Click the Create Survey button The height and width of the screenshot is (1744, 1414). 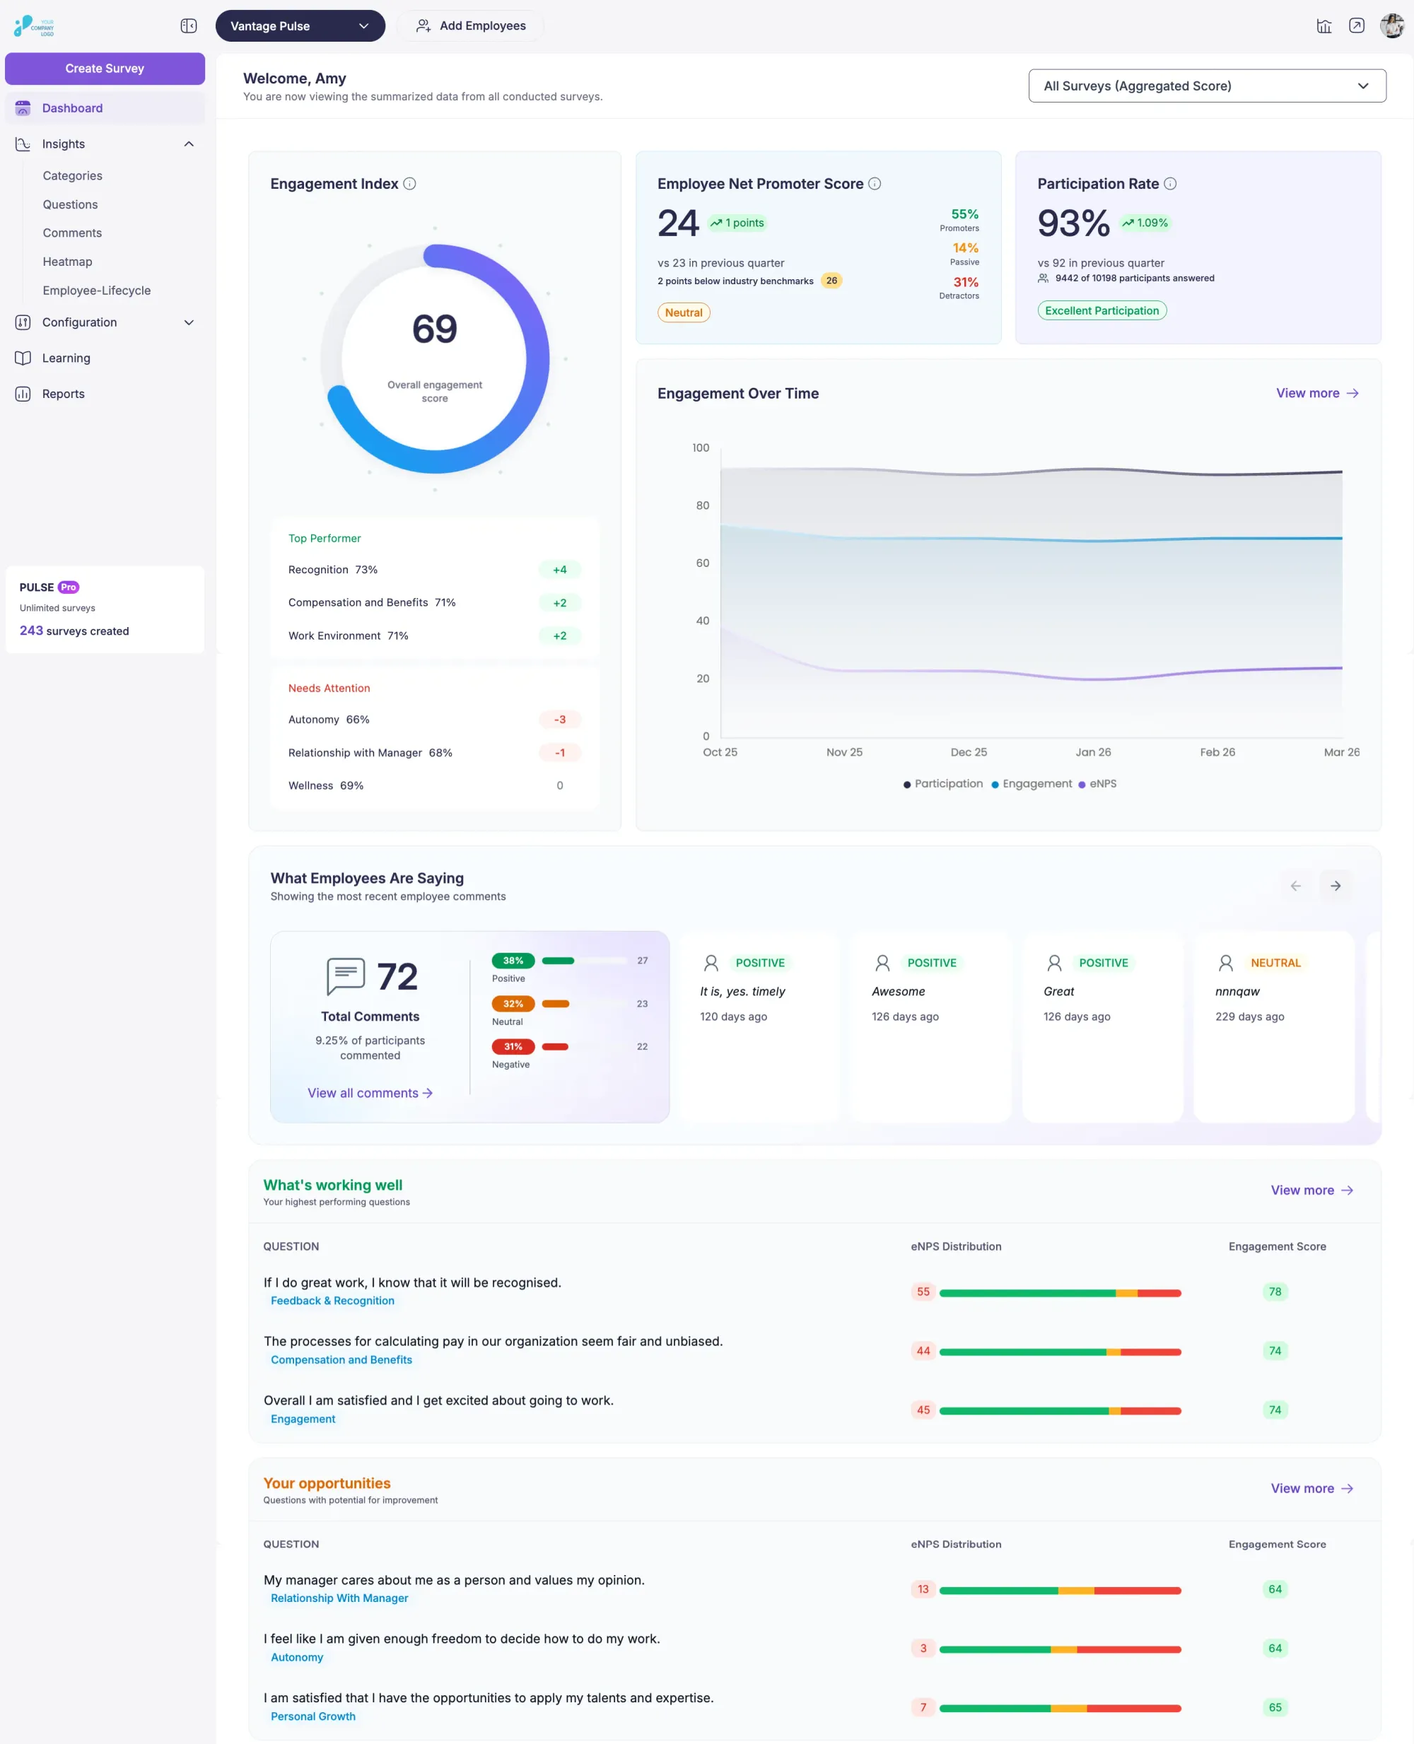click(x=104, y=69)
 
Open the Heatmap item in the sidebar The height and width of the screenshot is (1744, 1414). click(x=68, y=262)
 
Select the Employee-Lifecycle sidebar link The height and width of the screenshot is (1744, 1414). click(x=96, y=290)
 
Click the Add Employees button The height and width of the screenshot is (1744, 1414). click(x=471, y=26)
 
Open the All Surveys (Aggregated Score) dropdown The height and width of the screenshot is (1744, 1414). click(x=1206, y=86)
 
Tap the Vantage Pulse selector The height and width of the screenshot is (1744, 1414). click(x=300, y=26)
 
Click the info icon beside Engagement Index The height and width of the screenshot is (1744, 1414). click(x=409, y=184)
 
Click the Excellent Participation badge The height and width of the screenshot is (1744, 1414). click(x=1102, y=310)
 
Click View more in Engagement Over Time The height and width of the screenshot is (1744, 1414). click(x=1316, y=394)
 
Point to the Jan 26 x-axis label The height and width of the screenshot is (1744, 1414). click(x=1092, y=752)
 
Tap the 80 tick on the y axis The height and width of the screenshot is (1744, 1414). click(x=702, y=505)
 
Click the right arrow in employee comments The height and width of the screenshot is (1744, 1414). click(x=1335, y=886)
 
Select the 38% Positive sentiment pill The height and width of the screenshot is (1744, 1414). click(x=513, y=961)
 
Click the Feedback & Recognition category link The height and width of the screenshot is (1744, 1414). click(x=332, y=1301)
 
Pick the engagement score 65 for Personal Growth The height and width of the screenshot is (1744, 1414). click(x=1275, y=1707)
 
